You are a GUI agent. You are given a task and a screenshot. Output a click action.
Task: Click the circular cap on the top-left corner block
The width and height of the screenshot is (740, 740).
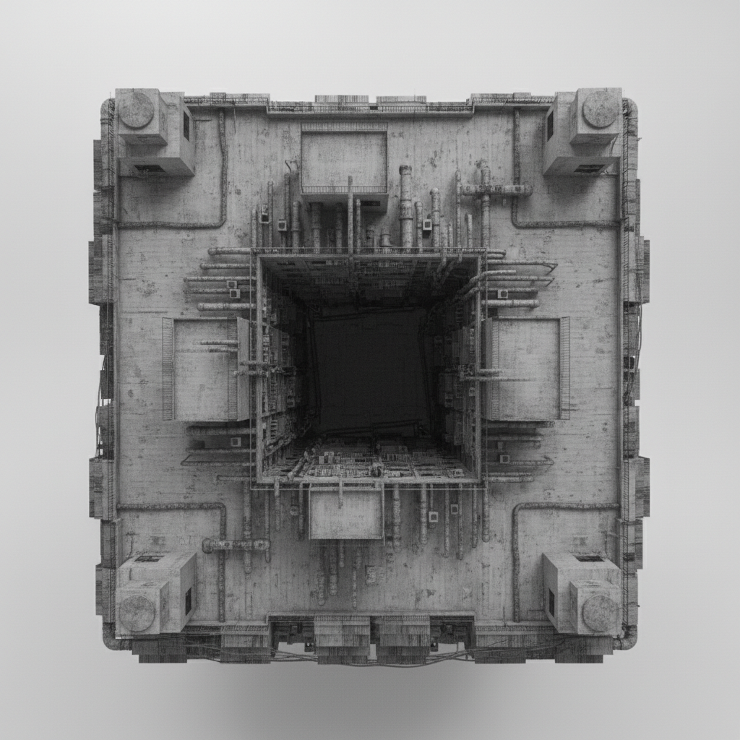137,110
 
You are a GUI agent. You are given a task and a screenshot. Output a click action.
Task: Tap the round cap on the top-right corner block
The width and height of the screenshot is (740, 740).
600,109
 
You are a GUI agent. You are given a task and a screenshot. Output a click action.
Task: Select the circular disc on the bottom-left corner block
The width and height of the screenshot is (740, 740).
137,613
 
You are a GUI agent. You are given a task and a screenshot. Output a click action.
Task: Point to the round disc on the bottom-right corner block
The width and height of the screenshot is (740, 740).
600,613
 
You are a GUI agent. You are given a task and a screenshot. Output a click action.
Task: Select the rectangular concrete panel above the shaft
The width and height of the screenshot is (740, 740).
344,159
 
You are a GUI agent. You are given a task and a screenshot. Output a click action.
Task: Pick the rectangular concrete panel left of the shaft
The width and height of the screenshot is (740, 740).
202,369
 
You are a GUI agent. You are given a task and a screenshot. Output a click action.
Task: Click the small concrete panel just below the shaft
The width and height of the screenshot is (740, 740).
345,514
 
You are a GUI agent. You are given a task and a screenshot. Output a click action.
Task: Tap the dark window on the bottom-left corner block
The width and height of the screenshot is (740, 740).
188,601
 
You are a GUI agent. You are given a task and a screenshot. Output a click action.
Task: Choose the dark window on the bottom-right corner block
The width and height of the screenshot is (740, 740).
550,602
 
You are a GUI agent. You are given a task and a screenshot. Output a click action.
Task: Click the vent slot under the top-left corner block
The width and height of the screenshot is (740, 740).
150,168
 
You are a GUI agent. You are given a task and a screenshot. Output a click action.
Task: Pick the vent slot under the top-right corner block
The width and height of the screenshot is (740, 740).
588,168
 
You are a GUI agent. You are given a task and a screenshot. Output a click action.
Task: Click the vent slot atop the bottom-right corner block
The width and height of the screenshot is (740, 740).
588,559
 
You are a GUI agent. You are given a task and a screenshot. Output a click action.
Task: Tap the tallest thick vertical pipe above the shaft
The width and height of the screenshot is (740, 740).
405,206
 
